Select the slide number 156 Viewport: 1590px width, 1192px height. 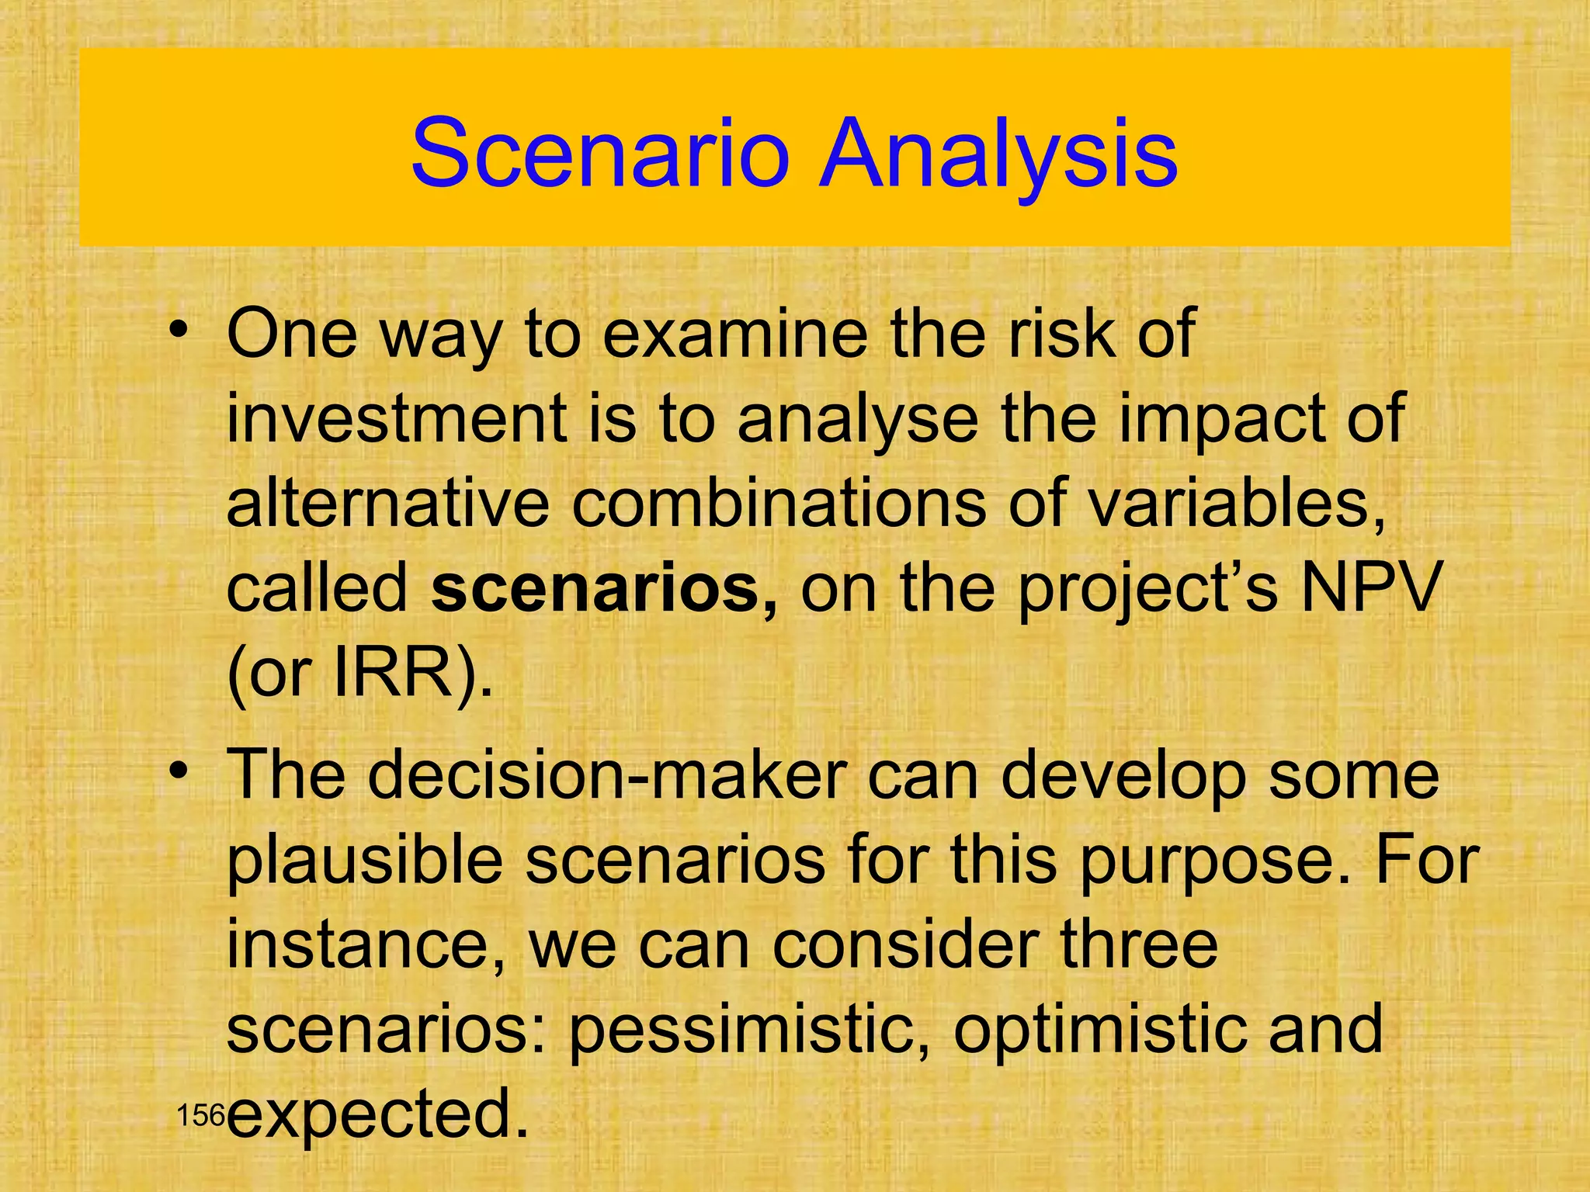click(200, 1117)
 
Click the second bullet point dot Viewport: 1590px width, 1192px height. click(179, 773)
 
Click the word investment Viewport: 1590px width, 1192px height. click(396, 419)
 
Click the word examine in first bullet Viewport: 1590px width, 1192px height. click(734, 334)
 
